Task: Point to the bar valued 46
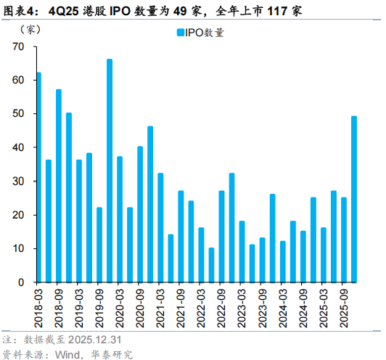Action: [x=150, y=204]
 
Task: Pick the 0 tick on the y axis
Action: [x=22, y=282]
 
